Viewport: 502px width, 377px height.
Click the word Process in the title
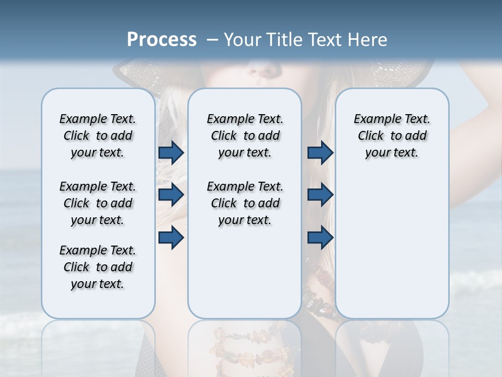[x=162, y=39]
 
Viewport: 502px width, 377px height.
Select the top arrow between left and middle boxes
[x=171, y=152]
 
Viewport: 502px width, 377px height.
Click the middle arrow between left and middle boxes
[x=171, y=195]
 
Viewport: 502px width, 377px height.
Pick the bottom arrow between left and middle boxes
[x=171, y=237]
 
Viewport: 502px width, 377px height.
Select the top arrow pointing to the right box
[x=320, y=152]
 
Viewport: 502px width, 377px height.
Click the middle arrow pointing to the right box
[x=320, y=195]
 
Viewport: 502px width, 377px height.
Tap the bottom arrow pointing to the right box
[x=320, y=237]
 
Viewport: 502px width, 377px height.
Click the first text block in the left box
[x=98, y=136]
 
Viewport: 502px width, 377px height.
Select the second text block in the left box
[x=98, y=203]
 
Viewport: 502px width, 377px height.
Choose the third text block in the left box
[x=98, y=267]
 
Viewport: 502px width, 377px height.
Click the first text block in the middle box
[x=245, y=136]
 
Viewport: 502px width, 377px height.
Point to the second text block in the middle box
[x=245, y=203]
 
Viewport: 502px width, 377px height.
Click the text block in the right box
[x=392, y=136]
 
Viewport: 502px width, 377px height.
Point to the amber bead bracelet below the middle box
[x=246, y=346]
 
